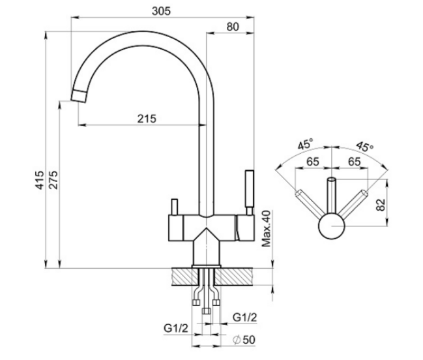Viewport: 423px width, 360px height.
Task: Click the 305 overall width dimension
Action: pyautogui.click(x=161, y=11)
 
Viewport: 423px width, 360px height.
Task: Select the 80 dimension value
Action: pyautogui.click(x=233, y=27)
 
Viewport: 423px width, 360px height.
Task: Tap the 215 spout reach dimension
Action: pyautogui.click(x=147, y=119)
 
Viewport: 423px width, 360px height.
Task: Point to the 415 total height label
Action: pyautogui.click(x=40, y=180)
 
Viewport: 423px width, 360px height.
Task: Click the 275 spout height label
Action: pyautogui.click(x=53, y=180)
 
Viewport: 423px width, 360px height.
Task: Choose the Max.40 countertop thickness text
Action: pyautogui.click(x=267, y=228)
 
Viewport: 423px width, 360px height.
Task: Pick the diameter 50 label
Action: pyautogui.click(x=244, y=340)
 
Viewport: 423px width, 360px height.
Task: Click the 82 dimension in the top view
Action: pyautogui.click(x=381, y=205)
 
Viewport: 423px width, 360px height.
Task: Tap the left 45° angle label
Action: pyautogui.click(x=305, y=144)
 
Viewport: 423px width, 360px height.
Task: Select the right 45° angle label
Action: pyautogui.click(x=365, y=146)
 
